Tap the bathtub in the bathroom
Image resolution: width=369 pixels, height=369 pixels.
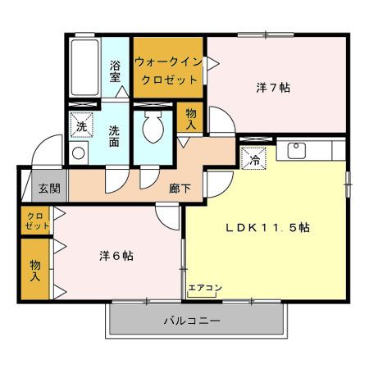click(x=85, y=66)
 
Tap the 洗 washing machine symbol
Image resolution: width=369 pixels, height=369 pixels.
click(x=81, y=126)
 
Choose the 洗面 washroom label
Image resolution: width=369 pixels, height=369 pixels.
click(x=116, y=134)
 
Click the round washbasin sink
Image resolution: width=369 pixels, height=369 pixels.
click(x=80, y=153)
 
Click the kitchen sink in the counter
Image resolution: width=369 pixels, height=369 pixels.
click(x=296, y=151)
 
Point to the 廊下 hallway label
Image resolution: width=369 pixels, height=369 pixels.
click(x=180, y=188)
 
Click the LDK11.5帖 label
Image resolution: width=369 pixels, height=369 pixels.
click(x=266, y=227)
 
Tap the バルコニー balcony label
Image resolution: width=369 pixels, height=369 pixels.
click(x=192, y=321)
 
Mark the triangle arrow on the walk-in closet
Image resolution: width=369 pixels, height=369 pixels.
click(x=211, y=61)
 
